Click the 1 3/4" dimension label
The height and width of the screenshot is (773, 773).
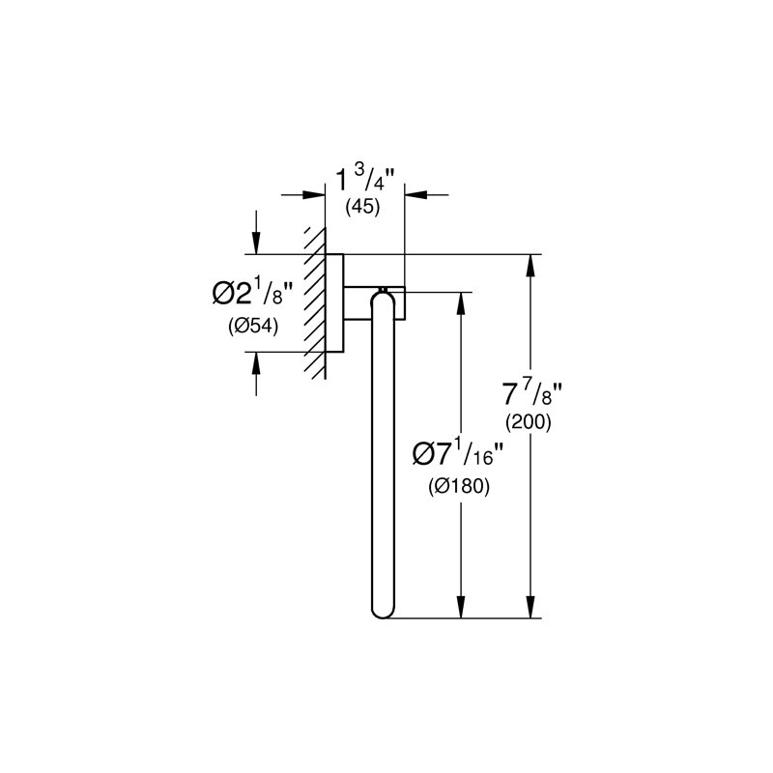[366, 181]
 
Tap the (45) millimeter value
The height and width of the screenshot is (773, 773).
[363, 207]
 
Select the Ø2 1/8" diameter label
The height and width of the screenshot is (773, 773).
[252, 295]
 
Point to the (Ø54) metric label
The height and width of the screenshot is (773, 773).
[253, 326]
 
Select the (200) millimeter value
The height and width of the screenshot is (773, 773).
[529, 422]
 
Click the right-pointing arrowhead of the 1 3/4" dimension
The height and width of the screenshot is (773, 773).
[314, 195]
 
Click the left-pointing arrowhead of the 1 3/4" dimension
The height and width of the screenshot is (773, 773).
[415, 195]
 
